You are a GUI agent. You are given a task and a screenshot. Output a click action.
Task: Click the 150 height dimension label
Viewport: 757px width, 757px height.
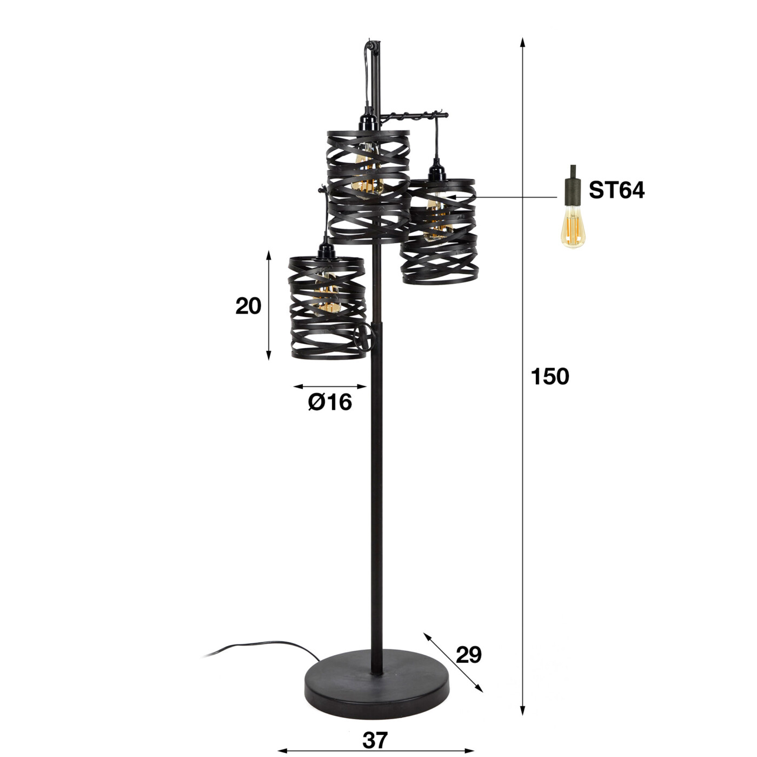pos(549,376)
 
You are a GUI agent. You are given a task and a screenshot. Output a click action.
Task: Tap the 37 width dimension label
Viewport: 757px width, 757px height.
pos(375,740)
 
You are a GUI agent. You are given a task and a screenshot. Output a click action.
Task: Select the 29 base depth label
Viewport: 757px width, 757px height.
pos(468,655)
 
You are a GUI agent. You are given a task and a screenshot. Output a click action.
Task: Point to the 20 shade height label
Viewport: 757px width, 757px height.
pos(248,306)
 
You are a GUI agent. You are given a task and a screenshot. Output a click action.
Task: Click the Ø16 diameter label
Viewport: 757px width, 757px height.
pos(330,402)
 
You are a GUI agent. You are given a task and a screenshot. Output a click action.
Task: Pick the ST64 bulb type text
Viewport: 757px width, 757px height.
pos(616,190)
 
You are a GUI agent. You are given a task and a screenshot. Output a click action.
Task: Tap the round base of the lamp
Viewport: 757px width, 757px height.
pos(377,687)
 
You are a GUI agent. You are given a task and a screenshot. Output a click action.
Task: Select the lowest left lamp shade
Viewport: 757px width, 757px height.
pos(328,308)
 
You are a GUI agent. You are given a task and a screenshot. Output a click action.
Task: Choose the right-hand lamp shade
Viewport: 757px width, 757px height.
pos(439,233)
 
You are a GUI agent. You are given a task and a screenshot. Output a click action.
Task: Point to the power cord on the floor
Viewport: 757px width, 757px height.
pos(254,646)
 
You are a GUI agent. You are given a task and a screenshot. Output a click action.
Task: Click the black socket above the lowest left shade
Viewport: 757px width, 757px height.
pos(326,251)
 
